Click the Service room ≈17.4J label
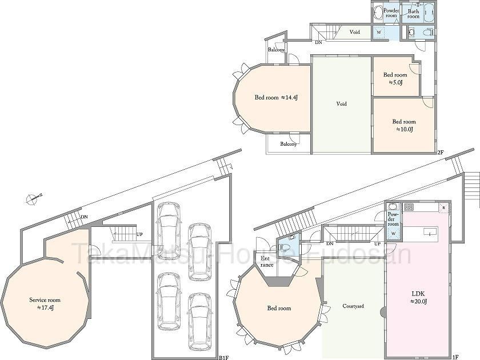45,303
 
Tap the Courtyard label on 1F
353,306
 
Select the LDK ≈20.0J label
419,297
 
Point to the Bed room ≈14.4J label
276,98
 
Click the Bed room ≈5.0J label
395,78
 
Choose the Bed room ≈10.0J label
404,125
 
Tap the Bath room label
413,14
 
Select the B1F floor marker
224,357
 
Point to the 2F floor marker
440,151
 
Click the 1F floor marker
455,357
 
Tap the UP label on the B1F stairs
139,234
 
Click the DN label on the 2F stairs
318,42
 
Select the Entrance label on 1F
266,262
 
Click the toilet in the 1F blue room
283,247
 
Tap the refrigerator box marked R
443,208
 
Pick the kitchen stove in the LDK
409,207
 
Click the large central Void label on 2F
341,104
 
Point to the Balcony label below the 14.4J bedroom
289,143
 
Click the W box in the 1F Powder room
393,234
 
